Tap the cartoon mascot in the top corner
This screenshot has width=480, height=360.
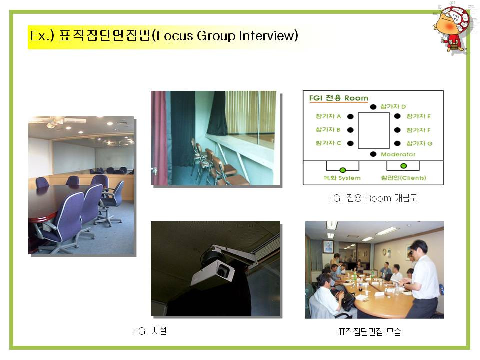click(453, 29)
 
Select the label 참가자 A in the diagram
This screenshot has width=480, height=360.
click(328, 116)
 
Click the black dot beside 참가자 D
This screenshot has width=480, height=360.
click(373, 107)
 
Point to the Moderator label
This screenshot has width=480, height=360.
click(398, 154)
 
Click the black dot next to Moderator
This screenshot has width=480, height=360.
click(373, 154)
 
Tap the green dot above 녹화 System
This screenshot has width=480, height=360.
click(343, 170)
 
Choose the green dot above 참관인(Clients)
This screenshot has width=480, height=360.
click(404, 166)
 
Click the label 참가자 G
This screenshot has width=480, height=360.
click(419, 143)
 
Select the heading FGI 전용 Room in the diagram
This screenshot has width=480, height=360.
click(338, 98)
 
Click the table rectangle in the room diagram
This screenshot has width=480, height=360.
click(374, 130)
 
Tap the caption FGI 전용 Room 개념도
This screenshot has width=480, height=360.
click(372, 198)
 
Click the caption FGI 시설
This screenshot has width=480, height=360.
click(150, 331)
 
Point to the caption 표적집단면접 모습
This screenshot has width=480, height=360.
click(370, 332)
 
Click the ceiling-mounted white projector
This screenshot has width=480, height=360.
click(213, 273)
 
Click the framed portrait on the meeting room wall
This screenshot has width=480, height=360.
click(328, 247)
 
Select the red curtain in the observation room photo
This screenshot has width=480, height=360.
click(159, 138)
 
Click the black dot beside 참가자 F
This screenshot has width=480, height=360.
click(397, 130)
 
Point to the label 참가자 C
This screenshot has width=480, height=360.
click(328, 143)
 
